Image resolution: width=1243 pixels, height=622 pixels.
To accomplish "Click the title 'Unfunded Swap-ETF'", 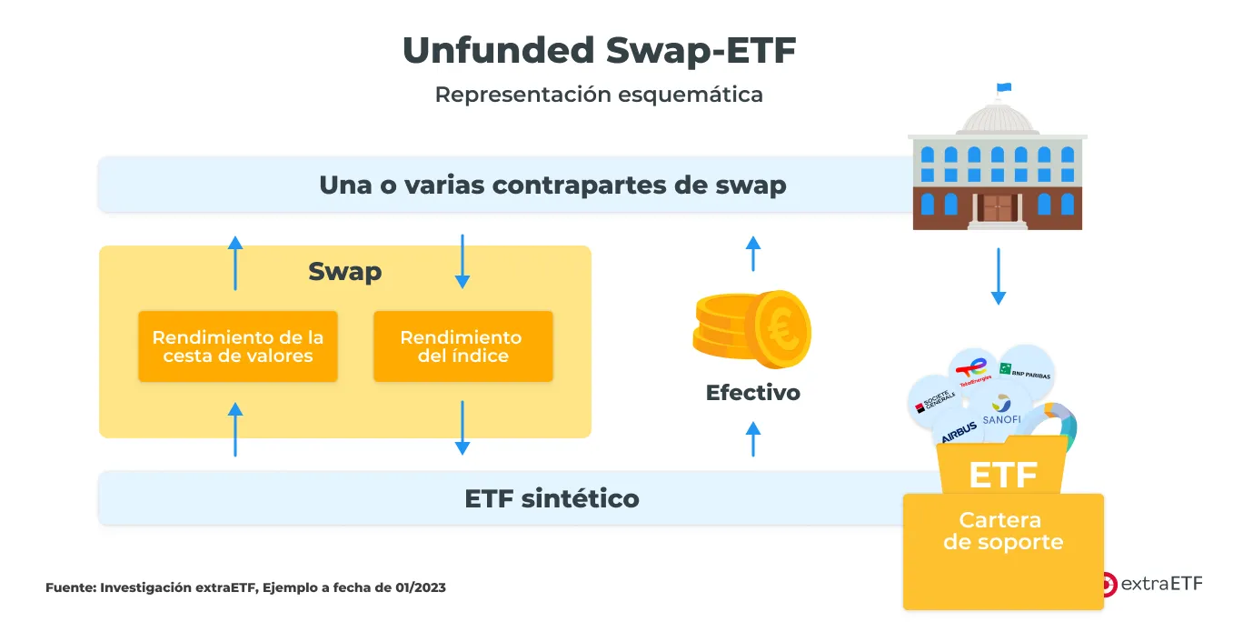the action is (600, 51).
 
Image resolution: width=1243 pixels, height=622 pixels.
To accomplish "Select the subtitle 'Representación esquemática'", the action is (599, 95).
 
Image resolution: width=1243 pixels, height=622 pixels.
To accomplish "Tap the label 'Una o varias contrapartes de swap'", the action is (552, 185).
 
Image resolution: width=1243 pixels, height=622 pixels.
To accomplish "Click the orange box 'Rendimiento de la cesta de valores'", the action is (238, 346).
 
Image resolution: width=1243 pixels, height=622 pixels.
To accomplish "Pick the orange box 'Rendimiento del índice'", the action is (462, 346).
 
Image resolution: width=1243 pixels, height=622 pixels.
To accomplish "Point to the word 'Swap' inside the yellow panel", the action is (344, 272).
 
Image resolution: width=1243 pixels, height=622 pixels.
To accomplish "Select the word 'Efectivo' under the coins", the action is (753, 393).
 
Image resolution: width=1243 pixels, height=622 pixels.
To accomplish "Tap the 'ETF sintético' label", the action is (552, 498).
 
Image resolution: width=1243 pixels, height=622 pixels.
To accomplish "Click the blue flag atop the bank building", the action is (1004, 87).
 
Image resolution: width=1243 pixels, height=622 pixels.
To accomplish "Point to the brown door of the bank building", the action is (997, 207).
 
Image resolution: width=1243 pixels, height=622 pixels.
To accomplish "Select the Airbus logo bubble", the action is (959, 431).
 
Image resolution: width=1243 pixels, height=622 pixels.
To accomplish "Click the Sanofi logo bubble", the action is (1001, 410).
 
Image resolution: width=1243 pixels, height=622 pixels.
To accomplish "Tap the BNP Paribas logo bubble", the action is (1026, 372).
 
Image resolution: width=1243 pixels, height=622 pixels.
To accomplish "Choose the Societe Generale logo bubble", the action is (934, 402).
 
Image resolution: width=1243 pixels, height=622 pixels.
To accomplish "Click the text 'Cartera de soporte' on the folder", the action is (1003, 531).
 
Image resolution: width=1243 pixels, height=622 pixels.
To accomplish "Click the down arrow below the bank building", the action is (999, 276).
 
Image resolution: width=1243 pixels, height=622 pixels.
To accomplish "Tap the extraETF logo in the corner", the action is (1152, 584).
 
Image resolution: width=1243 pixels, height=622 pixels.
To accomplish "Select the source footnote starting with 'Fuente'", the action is (245, 587).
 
